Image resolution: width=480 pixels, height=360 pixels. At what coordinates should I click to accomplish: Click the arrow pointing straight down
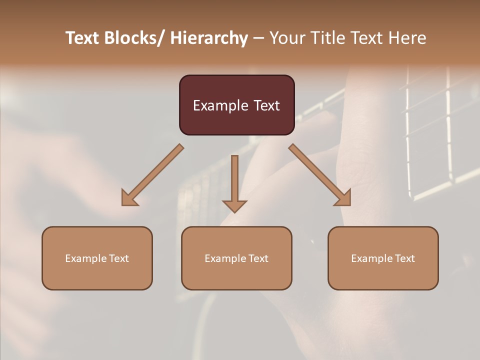pos(234,183)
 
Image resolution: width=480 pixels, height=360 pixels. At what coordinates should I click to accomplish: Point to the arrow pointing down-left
pos(152,175)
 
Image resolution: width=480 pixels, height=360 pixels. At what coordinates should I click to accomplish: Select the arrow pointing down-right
pos(320,175)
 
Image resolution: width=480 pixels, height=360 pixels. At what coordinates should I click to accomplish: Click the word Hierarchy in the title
pos(209,38)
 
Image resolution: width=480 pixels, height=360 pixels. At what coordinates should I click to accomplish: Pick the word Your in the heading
pos(286,38)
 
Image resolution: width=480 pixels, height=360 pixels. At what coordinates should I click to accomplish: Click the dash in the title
pos(258,38)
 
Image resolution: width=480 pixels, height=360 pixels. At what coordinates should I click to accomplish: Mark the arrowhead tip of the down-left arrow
pos(123,204)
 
